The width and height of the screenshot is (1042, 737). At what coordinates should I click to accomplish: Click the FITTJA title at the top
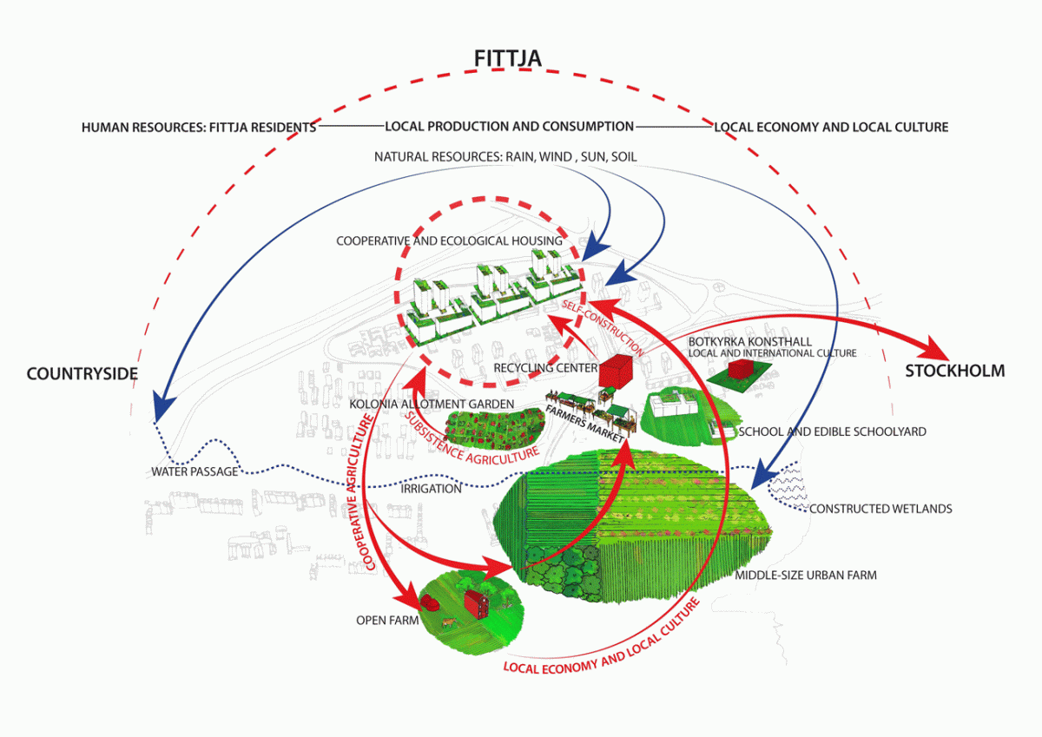pyautogui.click(x=509, y=58)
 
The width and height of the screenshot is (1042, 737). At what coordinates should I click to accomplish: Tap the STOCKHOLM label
pyautogui.click(x=954, y=371)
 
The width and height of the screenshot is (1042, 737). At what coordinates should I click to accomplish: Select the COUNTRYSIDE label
pyautogui.click(x=82, y=374)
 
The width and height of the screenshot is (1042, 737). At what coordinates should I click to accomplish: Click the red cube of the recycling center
pyautogui.click(x=616, y=373)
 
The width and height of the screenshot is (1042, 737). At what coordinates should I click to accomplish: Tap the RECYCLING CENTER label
pyautogui.click(x=544, y=368)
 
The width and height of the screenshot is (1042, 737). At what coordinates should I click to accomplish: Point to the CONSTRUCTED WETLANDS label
pyautogui.click(x=880, y=509)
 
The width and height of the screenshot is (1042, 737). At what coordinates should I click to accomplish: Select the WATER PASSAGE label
pyautogui.click(x=194, y=472)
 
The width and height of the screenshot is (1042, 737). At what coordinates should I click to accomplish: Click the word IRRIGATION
pyautogui.click(x=431, y=489)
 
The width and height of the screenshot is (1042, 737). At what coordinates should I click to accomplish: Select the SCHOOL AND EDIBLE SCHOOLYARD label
pyautogui.click(x=831, y=431)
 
